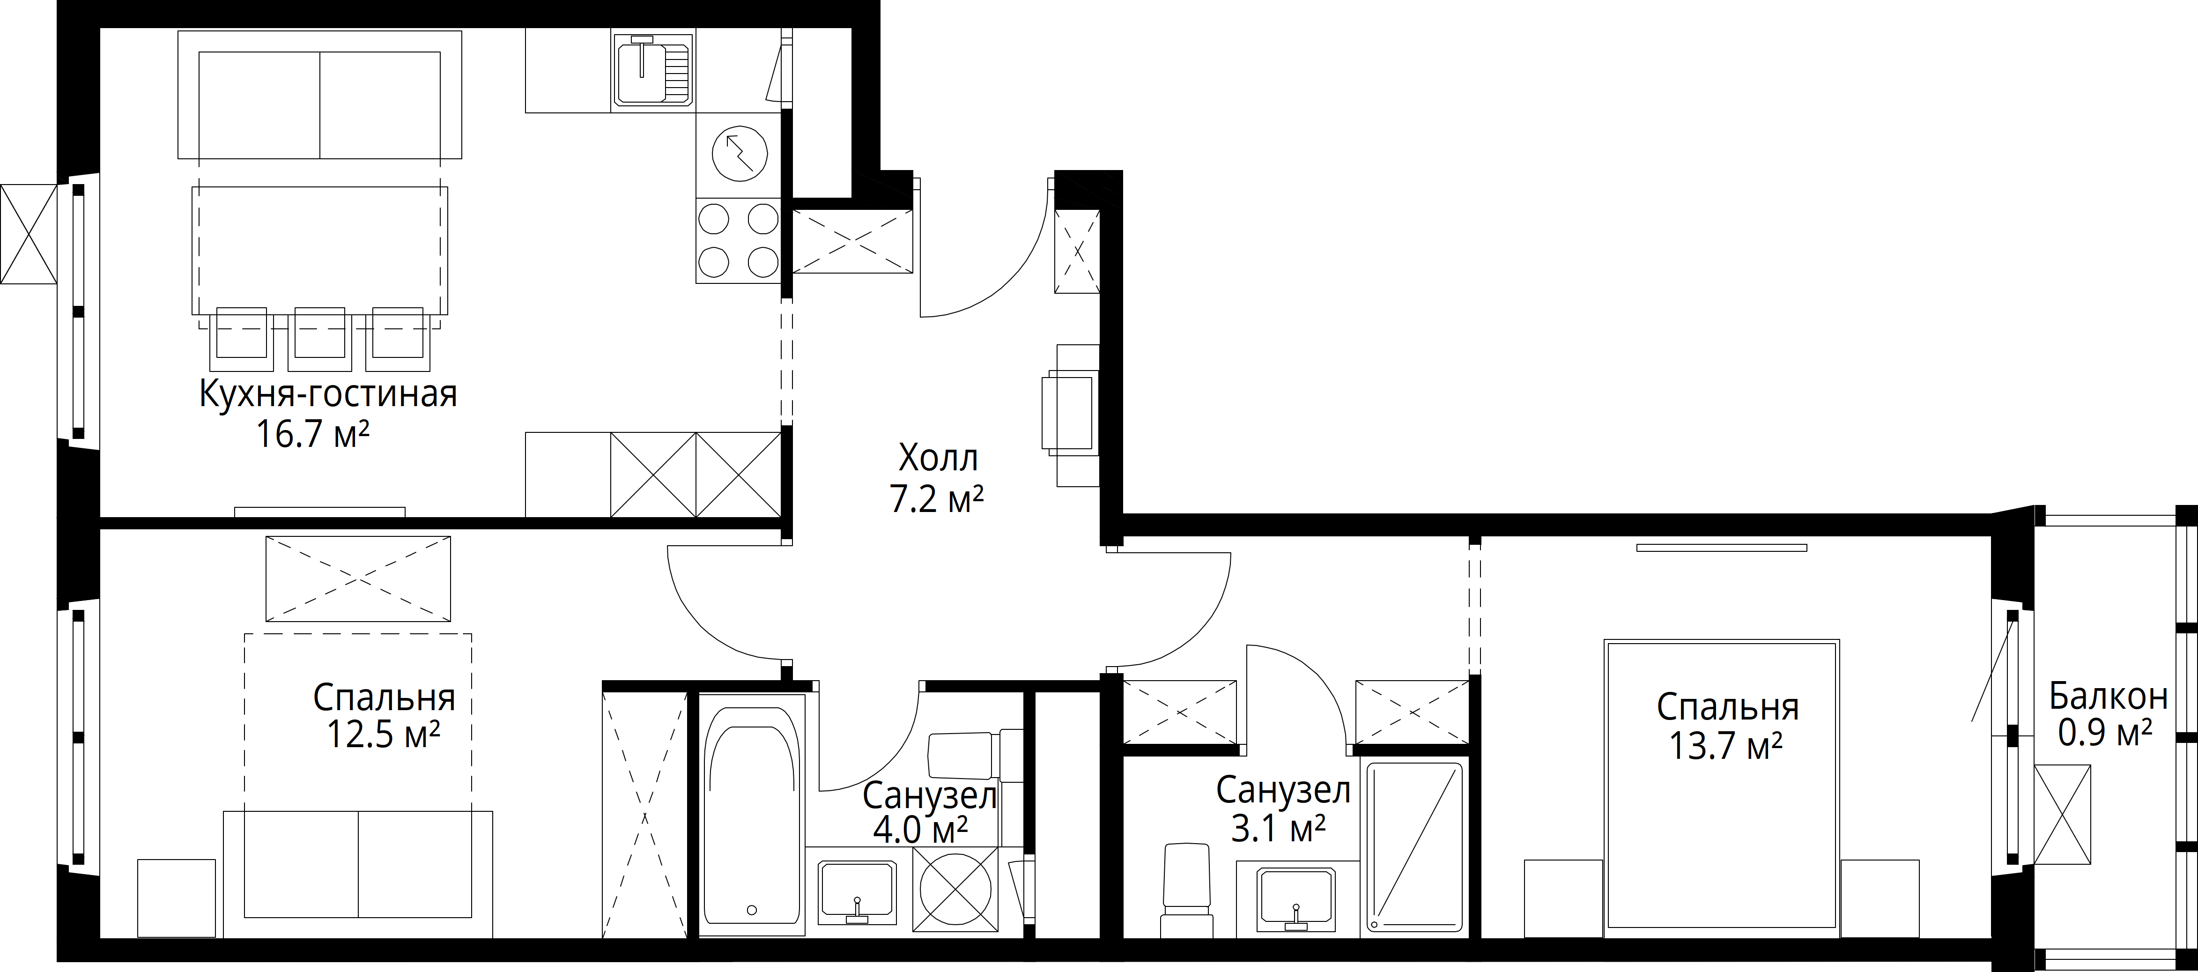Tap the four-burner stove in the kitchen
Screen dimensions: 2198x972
pyautogui.click(x=738, y=241)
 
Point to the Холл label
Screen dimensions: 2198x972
pyautogui.click(x=938, y=459)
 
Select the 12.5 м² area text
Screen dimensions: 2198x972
pyautogui.click(x=384, y=734)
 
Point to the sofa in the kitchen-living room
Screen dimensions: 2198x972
pyautogui.click(x=320, y=95)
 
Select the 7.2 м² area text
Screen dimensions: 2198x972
pyautogui.click(x=937, y=499)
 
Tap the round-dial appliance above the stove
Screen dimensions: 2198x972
pyautogui.click(x=739, y=155)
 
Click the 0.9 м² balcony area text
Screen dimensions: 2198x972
pyautogui.click(x=2105, y=732)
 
